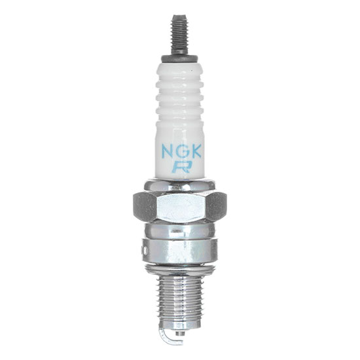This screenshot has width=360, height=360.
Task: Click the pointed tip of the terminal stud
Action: point(178,15)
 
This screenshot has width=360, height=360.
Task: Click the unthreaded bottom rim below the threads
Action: point(180,327)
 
